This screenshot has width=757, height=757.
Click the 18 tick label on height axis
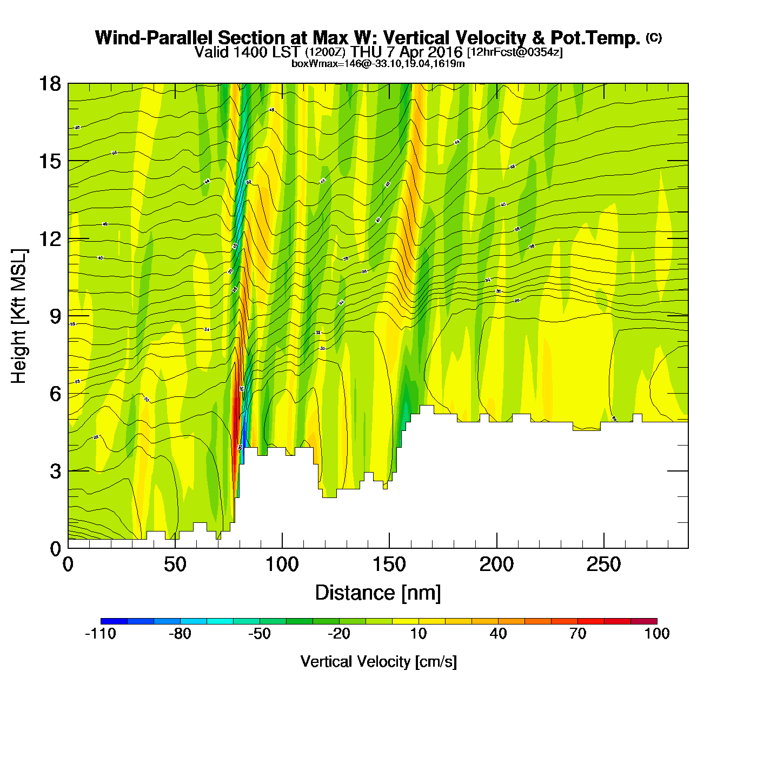point(49,84)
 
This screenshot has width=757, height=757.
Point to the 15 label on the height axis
point(49,161)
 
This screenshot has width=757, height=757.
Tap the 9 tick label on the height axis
point(55,316)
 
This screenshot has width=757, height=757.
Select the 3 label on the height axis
point(55,472)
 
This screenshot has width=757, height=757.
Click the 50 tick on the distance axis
point(175,565)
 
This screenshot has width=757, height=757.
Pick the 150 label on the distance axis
point(389,565)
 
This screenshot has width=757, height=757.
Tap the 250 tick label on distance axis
point(603,565)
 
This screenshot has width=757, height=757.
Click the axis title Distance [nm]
point(378,593)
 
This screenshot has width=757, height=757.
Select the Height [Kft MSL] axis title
point(19,316)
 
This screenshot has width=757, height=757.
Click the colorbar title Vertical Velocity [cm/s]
point(378,662)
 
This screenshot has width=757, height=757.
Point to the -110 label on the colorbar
point(101,634)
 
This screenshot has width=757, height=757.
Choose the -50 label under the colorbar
point(260,634)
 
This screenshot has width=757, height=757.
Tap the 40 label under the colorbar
point(498,634)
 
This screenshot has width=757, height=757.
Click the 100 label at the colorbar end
point(657,634)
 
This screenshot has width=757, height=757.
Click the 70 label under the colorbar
point(577,634)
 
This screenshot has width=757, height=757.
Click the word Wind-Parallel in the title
point(155,38)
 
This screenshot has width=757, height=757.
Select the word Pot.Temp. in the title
point(595,38)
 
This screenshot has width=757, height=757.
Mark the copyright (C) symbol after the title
point(654,37)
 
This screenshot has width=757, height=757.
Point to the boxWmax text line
point(378,64)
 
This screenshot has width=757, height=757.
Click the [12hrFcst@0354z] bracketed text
point(515,52)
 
